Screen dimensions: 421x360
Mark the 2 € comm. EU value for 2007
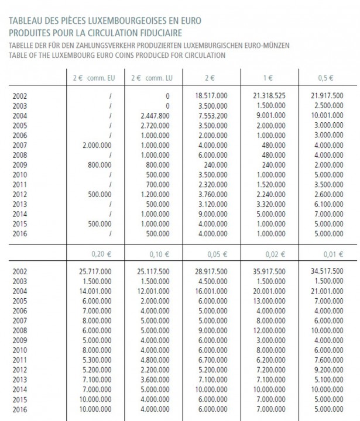[x=95, y=145]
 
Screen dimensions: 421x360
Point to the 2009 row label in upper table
[x=19, y=164]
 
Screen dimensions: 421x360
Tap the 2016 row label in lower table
[x=19, y=409]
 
